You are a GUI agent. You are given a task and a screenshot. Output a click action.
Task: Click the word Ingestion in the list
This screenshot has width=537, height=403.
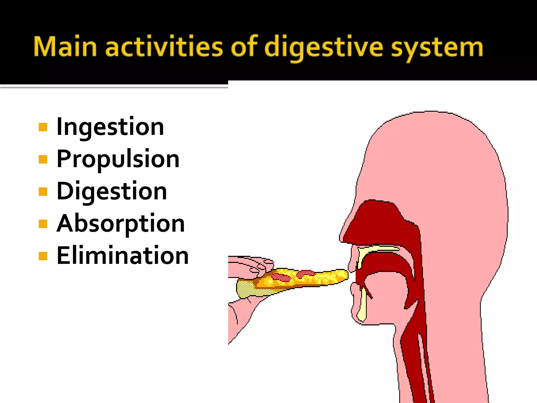[110, 127]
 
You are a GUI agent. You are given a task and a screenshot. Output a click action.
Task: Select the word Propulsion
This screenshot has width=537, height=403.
[118, 159]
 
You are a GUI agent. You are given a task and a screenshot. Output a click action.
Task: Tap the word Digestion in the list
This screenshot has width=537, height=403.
[112, 191]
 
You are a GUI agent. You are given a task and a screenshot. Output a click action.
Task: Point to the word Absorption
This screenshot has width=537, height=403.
[121, 224]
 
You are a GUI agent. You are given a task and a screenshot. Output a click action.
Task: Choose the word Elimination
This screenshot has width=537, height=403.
[123, 256]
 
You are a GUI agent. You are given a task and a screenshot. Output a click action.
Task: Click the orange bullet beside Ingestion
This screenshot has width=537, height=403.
[43, 127]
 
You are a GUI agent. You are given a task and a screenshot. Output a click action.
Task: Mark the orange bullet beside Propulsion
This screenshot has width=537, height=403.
[43, 159]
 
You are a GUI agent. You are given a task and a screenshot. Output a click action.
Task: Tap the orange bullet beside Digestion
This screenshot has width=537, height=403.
[43, 192]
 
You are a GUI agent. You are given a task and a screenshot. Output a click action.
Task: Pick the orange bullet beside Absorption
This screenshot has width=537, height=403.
[43, 224]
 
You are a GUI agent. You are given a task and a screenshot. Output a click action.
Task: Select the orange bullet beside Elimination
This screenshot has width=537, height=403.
[43, 256]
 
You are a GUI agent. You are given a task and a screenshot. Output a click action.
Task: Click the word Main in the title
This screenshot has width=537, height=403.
[65, 47]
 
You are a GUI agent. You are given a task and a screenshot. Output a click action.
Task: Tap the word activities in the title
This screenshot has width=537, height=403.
[164, 47]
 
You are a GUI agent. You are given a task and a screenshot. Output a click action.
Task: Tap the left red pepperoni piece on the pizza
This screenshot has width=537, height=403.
[281, 277]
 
